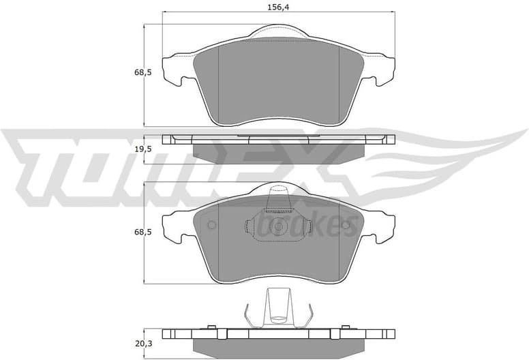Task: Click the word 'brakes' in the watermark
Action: tap(320, 226)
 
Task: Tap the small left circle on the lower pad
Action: tap(211, 226)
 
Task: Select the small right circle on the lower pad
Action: tap(346, 226)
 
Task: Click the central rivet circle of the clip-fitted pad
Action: tap(278, 228)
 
